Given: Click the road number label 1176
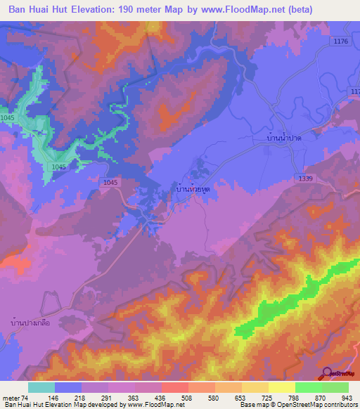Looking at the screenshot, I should [341, 42].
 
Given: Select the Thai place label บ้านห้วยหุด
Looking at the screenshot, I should [193, 190].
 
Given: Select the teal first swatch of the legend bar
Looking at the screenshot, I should [41, 387].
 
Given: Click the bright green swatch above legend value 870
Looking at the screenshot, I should [308, 387].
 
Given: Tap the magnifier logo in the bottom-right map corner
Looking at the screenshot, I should [328, 373].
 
